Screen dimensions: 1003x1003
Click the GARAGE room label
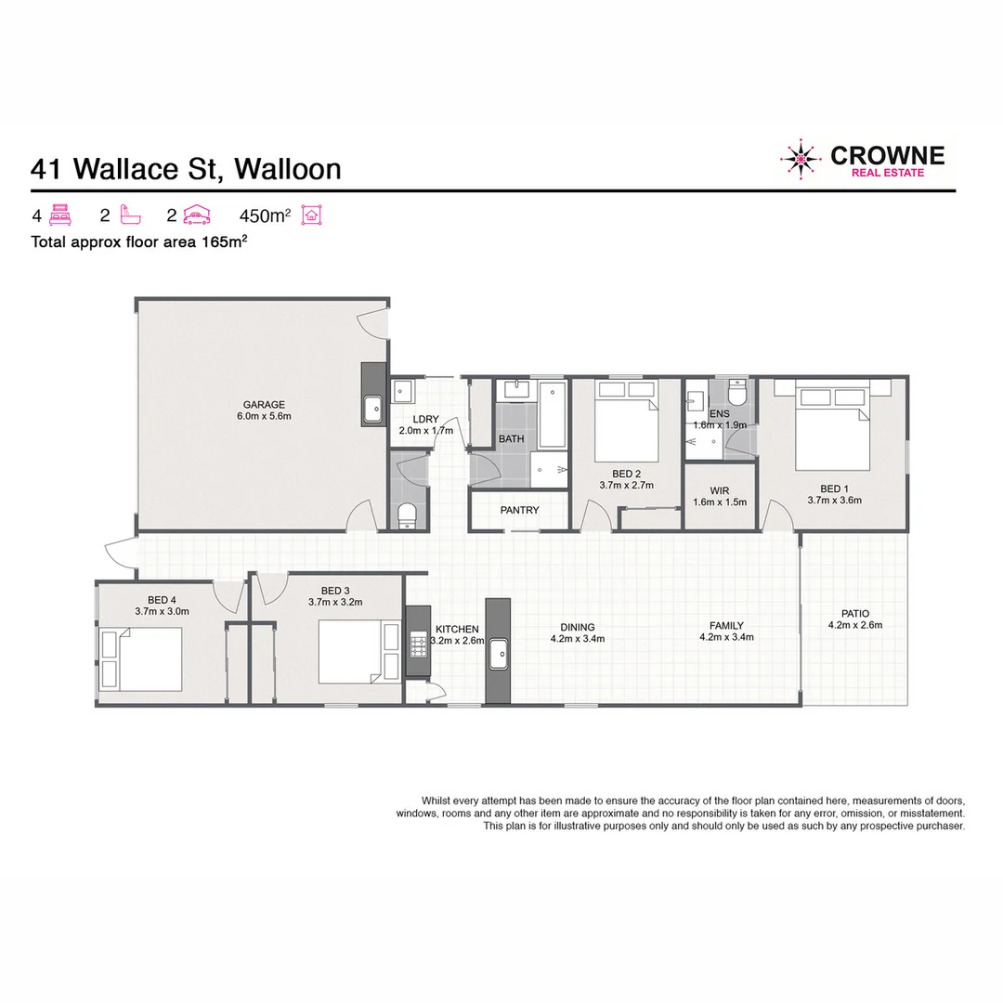[x=264, y=404]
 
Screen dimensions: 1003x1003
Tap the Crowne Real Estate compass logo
[x=801, y=160]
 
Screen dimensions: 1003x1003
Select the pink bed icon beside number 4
[x=61, y=216]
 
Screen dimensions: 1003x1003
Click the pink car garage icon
[x=196, y=216]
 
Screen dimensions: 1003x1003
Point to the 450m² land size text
[x=265, y=216]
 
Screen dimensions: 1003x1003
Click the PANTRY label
[x=519, y=510]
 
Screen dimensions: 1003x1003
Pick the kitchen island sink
[x=498, y=655]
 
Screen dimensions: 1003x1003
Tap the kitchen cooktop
[x=416, y=641]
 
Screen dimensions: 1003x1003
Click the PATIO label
[x=854, y=613]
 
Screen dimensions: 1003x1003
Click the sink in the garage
[x=372, y=407]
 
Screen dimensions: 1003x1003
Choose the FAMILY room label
[x=725, y=626]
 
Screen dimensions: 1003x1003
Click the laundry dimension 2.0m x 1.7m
[x=425, y=431]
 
